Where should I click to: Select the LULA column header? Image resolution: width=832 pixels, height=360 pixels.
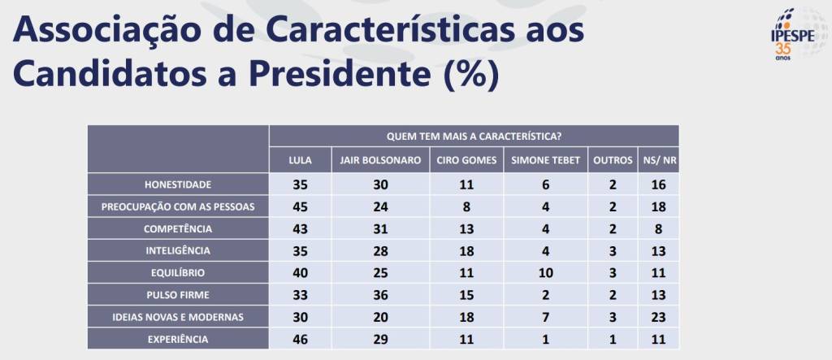(301, 160)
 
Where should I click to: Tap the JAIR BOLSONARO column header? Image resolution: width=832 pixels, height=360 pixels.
(381, 160)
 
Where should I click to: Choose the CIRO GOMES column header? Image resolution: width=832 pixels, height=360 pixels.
(466, 160)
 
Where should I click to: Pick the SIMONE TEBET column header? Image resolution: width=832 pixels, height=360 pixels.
(546, 160)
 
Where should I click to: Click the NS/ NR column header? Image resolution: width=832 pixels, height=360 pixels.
(659, 160)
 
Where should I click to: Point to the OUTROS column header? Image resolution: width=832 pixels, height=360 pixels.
(613, 160)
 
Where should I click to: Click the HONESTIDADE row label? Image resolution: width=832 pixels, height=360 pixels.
(178, 184)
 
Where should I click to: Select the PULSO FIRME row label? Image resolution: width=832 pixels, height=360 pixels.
(178, 294)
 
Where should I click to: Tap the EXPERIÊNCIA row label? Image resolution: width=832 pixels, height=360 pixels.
(178, 338)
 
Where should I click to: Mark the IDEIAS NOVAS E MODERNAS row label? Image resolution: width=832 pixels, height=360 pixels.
(178, 317)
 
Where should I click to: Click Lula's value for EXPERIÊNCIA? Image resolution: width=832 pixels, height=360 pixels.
(301, 338)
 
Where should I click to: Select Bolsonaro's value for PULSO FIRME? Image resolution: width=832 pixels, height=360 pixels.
(381, 294)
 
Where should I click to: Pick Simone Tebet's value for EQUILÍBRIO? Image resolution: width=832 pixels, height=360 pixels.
(546, 272)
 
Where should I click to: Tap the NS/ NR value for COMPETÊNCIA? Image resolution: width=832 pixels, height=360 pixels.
(659, 228)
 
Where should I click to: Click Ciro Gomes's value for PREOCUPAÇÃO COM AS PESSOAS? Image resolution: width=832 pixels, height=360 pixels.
(466, 206)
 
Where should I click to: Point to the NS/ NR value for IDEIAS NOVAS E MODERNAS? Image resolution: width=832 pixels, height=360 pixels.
(659, 317)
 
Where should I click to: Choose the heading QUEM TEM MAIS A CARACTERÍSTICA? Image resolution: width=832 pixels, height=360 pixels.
(474, 136)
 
